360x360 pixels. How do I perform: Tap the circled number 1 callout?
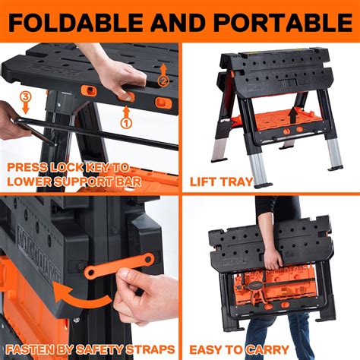tap(127, 120)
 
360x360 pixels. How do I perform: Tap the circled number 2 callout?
tap(162, 79)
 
